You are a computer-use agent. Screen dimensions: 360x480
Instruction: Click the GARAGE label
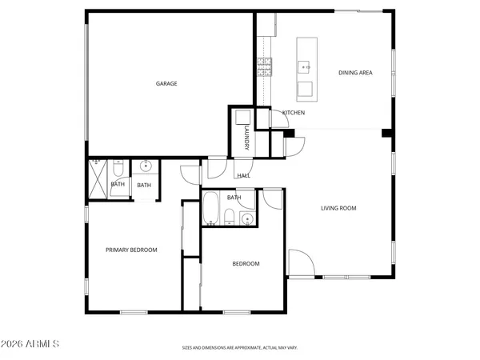[166, 83]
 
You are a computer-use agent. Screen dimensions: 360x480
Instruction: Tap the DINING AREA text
[355, 73]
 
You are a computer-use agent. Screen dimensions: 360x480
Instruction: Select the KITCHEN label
[294, 113]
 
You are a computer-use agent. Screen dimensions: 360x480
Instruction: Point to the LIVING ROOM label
[338, 208]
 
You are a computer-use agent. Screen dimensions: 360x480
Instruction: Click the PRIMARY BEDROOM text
[131, 250]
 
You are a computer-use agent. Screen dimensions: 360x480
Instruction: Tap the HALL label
[242, 175]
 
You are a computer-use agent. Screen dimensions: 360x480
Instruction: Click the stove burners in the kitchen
[265, 67]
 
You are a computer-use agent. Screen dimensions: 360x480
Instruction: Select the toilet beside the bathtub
[229, 216]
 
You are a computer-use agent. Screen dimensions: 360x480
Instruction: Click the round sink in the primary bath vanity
[145, 167]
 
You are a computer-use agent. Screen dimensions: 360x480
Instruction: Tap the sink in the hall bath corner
[248, 217]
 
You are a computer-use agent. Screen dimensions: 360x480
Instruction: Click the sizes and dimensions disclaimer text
[240, 348]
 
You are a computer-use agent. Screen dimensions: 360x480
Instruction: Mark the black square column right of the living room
[386, 133]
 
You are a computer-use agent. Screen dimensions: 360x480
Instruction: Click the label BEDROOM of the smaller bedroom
[246, 263]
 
